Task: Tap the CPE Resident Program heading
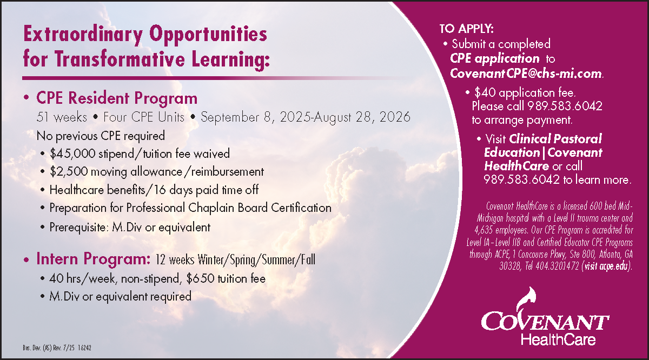pos(117,98)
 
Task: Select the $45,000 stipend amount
pos(72,154)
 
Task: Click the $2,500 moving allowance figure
pos(69,172)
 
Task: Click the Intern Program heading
pos(93,258)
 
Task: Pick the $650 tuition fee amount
pos(200,278)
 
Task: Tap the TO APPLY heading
pos(466,29)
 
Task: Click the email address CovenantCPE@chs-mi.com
pos(526,74)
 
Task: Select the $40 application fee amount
pos(485,92)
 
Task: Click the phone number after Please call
pos(565,106)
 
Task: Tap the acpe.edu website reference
pos(613,266)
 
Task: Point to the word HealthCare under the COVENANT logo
pos(558,339)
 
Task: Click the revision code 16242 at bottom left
pos(84,348)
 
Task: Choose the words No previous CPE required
pos(101,136)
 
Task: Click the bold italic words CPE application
pos(494,59)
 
